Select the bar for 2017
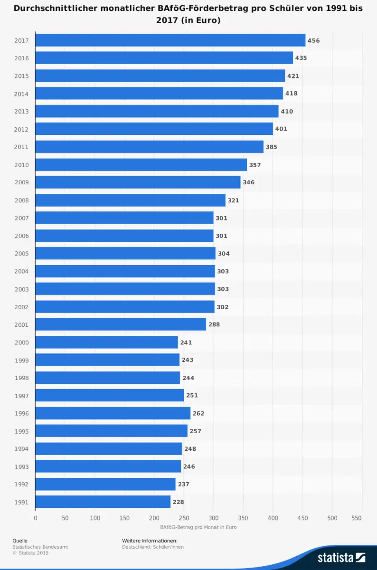pyautogui.click(x=170, y=40)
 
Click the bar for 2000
pyautogui.click(x=106, y=342)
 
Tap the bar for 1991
pyautogui.click(x=103, y=502)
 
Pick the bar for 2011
pyautogui.click(x=149, y=147)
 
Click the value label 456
pyautogui.click(x=313, y=40)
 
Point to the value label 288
pyautogui.click(x=214, y=324)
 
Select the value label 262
pyautogui.click(x=198, y=413)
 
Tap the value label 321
pyautogui.click(x=233, y=200)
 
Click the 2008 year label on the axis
pyautogui.click(x=21, y=200)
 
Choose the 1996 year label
pyautogui.click(x=21, y=413)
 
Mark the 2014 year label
pyautogui.click(x=21, y=94)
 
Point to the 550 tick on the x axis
pyautogui.click(x=356, y=518)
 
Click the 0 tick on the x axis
pyautogui.click(x=36, y=518)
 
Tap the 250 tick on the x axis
pyautogui.click(x=184, y=518)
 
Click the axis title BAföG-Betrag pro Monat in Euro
pyautogui.click(x=198, y=527)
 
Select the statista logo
pyautogui.click(x=341, y=557)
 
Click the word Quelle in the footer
pyautogui.click(x=20, y=541)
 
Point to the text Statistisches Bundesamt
pyautogui.click(x=40, y=547)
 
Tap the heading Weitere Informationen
pyautogui.click(x=150, y=541)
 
